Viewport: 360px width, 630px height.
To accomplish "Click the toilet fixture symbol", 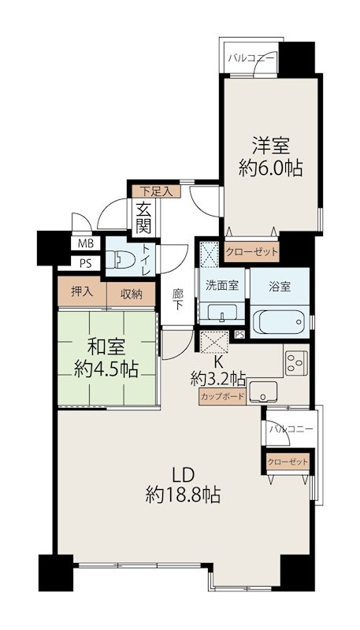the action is coord(122,258).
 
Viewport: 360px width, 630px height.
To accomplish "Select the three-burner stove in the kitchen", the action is coord(296,363).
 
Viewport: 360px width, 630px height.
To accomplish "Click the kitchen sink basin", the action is coord(263,391).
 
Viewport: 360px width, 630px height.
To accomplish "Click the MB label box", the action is coord(83,243).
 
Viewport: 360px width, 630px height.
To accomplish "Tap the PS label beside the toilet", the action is coord(85,264).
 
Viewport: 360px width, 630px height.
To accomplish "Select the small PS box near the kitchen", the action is coord(239,334).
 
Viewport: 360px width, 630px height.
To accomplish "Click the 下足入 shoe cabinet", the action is coord(156,191).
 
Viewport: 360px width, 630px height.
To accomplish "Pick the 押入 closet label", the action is coord(82,291).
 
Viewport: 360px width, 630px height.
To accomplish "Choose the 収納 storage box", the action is coord(131,294).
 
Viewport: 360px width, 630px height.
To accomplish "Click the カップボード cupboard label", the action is coord(222,397).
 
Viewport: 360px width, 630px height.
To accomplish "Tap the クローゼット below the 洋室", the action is coord(251,252).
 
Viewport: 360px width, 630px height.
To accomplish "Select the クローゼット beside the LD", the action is coord(288,462).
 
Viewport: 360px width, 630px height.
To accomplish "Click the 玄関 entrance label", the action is coord(143,219).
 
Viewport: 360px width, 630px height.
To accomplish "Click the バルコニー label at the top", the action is coord(252,58).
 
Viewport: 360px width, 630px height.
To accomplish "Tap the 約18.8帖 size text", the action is coord(183,495).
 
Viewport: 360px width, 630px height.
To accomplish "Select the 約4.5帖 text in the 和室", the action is coord(106,369).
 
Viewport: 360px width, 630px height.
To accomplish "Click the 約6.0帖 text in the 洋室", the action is coord(270,168).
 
